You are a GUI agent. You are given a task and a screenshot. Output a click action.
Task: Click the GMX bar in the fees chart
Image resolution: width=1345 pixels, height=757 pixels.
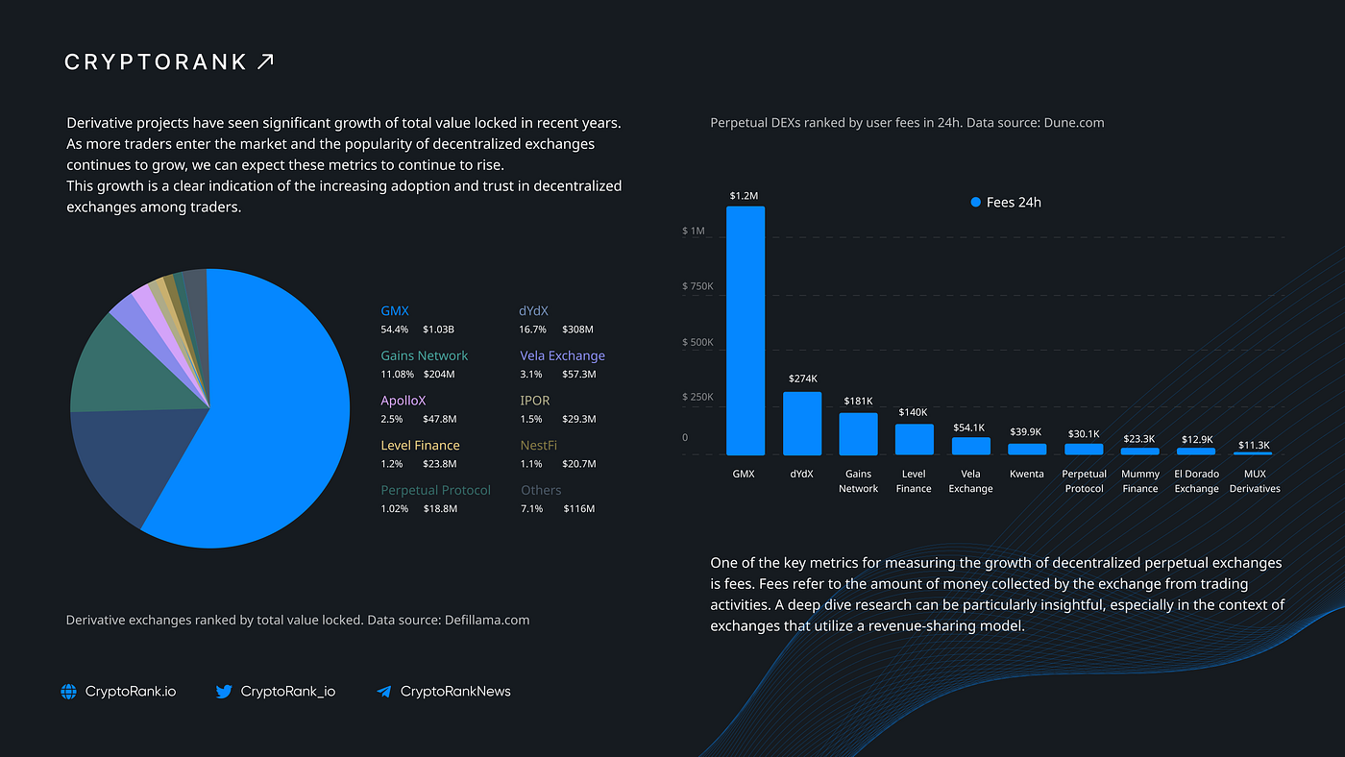click(x=746, y=330)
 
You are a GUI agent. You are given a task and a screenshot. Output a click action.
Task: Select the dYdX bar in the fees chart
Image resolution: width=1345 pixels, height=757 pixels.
click(x=802, y=424)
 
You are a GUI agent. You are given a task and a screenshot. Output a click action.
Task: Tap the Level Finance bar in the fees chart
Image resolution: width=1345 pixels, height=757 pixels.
click(x=914, y=439)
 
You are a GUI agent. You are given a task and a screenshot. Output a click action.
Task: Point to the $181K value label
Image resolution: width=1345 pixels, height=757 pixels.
click(x=858, y=401)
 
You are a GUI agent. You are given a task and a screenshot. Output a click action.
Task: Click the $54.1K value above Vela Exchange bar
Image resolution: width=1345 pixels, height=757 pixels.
click(x=969, y=427)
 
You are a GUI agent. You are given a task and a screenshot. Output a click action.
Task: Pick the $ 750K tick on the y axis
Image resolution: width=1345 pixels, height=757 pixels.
click(x=697, y=286)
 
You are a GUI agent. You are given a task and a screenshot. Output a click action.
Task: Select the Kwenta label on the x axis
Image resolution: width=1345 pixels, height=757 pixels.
click(x=1027, y=474)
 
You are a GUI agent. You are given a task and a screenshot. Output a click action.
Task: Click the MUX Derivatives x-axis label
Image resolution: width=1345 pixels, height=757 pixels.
click(x=1255, y=481)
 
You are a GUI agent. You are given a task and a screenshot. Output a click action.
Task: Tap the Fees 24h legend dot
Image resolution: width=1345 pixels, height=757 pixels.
click(x=976, y=203)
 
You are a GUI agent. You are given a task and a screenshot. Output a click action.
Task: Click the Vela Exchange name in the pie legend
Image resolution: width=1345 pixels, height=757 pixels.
click(x=562, y=355)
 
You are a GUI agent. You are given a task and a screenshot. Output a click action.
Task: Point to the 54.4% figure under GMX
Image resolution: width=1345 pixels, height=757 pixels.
click(x=395, y=330)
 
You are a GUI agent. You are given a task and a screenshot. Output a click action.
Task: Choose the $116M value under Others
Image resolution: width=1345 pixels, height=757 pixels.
click(x=578, y=508)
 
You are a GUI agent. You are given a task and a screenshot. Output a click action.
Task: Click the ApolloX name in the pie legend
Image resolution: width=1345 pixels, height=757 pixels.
click(x=403, y=401)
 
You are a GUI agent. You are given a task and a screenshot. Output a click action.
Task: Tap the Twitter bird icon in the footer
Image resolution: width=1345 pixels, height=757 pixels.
click(x=224, y=692)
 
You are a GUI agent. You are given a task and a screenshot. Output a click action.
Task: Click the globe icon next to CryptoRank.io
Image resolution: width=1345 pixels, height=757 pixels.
click(x=68, y=692)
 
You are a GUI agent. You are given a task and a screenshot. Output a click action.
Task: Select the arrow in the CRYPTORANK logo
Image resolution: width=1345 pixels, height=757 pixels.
click(x=265, y=61)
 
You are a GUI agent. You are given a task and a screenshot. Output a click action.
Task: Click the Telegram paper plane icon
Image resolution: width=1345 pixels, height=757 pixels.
click(x=383, y=692)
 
